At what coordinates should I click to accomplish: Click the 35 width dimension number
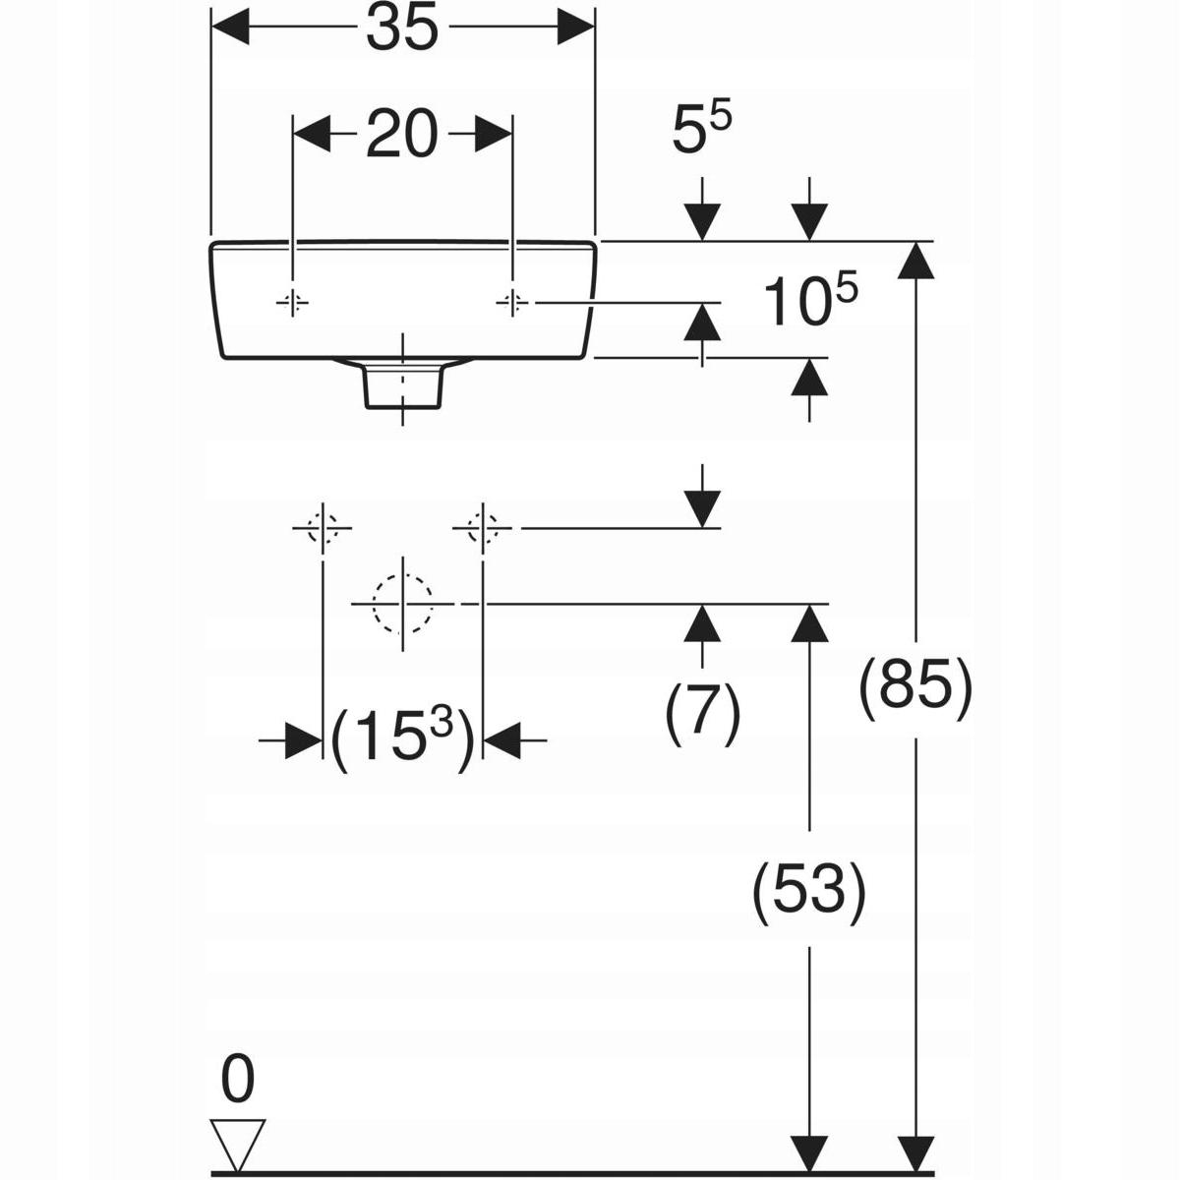point(402,29)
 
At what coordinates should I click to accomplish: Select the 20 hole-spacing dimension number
point(402,134)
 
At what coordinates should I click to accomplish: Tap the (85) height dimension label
point(915,687)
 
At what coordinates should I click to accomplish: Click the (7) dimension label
point(702,713)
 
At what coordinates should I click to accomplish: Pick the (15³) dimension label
point(402,738)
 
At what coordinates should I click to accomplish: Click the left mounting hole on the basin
point(293,303)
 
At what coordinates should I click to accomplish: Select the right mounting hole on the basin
point(512,303)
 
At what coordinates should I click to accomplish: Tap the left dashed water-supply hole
point(323,528)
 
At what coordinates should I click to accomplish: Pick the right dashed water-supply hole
point(483,528)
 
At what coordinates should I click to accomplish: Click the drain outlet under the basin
point(402,383)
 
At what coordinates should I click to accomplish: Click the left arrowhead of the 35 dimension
point(230,27)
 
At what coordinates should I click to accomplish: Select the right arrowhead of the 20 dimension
point(493,133)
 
